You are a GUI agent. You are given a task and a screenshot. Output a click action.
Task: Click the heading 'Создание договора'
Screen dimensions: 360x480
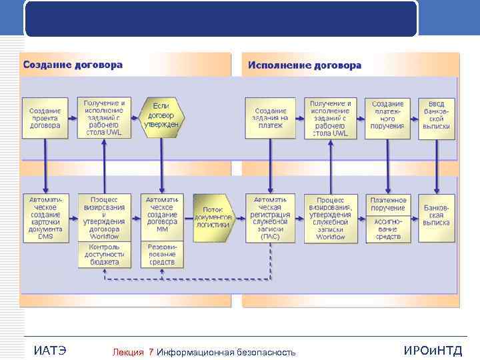pos(73,65)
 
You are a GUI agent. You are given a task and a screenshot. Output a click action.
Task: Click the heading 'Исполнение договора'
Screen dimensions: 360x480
pos(305,65)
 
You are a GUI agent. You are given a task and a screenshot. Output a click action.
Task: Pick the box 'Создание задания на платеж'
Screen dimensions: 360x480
pos(271,119)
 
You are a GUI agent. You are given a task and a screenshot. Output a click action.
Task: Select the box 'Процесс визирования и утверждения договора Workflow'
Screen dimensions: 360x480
pos(105,217)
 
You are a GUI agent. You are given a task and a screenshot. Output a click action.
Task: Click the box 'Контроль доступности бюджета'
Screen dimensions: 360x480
pos(105,254)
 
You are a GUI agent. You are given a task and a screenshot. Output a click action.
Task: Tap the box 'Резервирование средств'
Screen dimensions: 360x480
pos(162,254)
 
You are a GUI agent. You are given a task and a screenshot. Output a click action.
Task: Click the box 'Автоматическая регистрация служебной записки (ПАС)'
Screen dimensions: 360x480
pos(271,217)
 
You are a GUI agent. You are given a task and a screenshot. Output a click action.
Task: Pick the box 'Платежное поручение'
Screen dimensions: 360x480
pos(389,204)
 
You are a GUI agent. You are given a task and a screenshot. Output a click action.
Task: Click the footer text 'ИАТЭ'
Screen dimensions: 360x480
pos(49,351)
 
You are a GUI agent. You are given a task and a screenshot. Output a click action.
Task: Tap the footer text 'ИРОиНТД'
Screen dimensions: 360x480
pos(433,351)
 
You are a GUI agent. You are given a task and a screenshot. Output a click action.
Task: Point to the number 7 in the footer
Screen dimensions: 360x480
pos(151,352)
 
